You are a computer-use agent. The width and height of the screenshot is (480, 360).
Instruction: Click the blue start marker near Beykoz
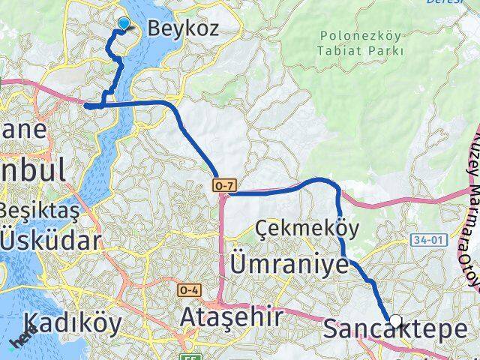(124, 24)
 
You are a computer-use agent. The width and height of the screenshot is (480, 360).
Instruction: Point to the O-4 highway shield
(188, 289)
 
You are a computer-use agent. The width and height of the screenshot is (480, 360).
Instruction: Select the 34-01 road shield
(442, 239)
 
